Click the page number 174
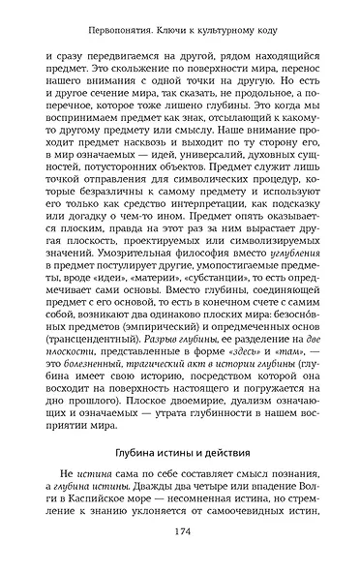coord(179,531)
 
